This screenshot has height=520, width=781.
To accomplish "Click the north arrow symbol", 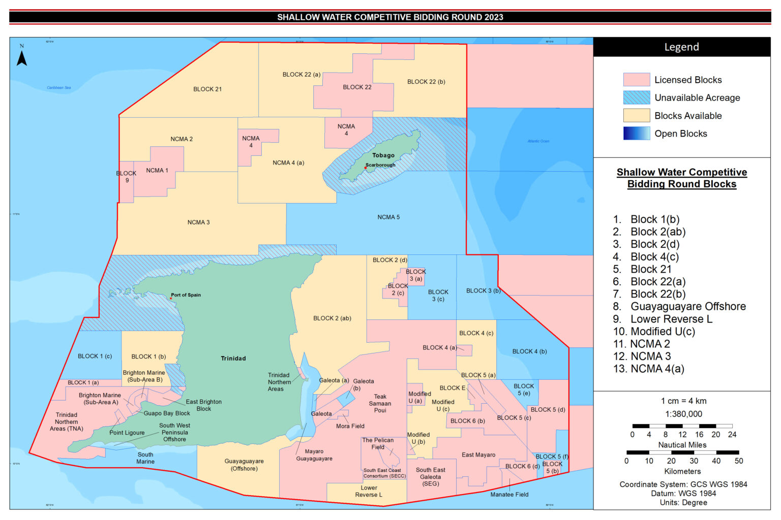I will pyautogui.click(x=21, y=57).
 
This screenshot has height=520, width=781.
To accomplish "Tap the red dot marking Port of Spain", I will pyautogui.click(x=171, y=298).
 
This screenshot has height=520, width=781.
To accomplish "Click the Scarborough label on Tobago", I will pyautogui.click(x=381, y=165).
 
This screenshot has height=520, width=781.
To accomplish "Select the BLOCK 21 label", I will pyautogui.click(x=207, y=89).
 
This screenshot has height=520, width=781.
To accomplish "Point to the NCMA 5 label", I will pyautogui.click(x=388, y=217).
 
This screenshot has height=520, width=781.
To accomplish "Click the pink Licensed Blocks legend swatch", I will pyautogui.click(x=636, y=80).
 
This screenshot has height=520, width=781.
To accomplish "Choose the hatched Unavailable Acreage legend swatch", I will pyautogui.click(x=636, y=97).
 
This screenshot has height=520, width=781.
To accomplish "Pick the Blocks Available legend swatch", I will pyautogui.click(x=636, y=116).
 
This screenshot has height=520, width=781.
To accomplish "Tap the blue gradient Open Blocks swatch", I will pyautogui.click(x=636, y=134).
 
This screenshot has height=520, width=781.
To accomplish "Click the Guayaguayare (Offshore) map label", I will pyautogui.click(x=244, y=465).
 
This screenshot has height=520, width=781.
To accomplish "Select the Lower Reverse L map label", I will pyautogui.click(x=369, y=491).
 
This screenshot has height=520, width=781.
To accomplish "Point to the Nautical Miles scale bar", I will pyautogui.click(x=682, y=426).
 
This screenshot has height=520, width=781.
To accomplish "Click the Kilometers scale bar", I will pyautogui.click(x=682, y=452).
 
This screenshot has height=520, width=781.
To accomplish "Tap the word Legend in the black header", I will pyautogui.click(x=681, y=47).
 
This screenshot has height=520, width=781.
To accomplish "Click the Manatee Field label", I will pyautogui.click(x=509, y=495).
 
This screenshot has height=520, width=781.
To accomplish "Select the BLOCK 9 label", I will pyautogui.click(x=126, y=177).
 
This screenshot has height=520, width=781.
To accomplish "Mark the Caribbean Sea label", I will pyautogui.click(x=59, y=88).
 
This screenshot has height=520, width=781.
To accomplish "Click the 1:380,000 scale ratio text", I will pyautogui.click(x=683, y=414).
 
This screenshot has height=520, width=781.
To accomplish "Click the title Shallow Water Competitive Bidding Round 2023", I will pyautogui.click(x=390, y=17).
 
